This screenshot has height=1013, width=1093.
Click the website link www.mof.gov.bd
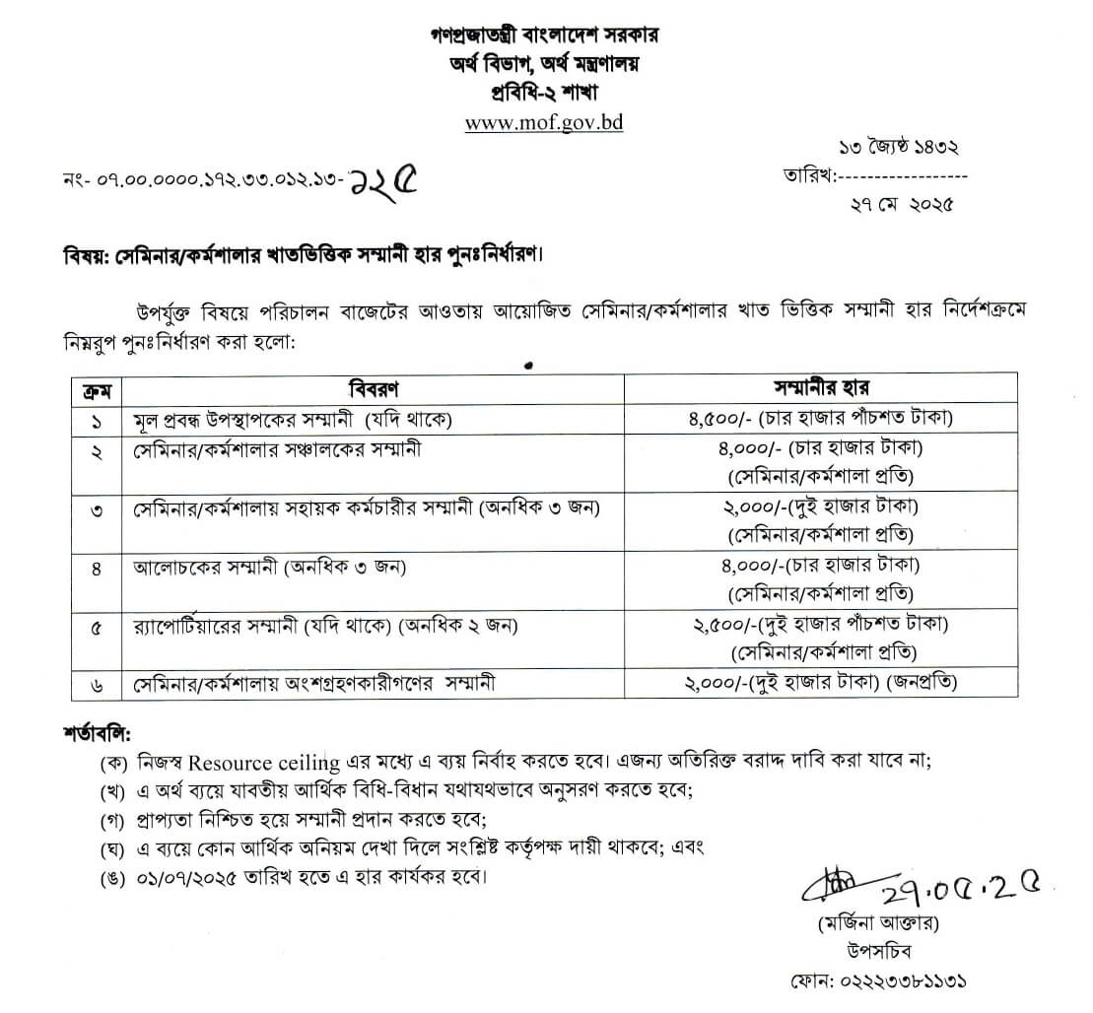click(x=544, y=122)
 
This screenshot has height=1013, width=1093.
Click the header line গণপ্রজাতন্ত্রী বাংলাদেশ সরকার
click(x=545, y=35)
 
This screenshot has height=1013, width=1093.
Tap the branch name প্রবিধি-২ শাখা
click(x=545, y=93)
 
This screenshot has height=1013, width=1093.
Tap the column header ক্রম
click(x=96, y=387)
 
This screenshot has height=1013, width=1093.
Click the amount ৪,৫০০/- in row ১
click(x=722, y=419)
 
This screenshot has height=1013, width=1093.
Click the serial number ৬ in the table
click(x=96, y=683)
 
